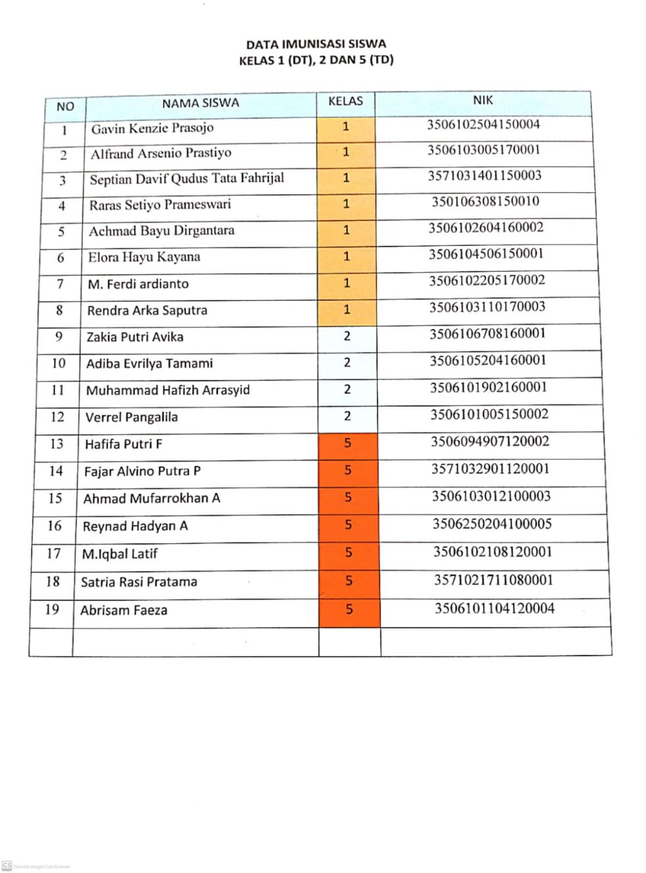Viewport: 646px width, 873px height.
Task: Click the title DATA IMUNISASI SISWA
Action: tap(316, 45)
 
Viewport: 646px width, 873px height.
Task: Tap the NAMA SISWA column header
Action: tap(201, 103)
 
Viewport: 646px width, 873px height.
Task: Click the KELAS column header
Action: tap(345, 101)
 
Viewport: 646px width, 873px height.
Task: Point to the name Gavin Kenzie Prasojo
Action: tap(152, 128)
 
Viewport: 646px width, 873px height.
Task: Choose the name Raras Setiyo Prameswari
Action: tap(160, 205)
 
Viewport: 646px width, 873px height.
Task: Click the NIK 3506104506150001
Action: tap(486, 254)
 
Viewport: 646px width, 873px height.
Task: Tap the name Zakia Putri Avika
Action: tap(135, 337)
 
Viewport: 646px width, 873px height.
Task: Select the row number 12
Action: tap(57, 416)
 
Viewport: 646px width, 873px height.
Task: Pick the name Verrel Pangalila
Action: tap(131, 417)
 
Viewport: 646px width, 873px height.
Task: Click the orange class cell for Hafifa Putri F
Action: tap(348, 443)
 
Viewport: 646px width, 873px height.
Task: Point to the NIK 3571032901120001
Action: tap(490, 469)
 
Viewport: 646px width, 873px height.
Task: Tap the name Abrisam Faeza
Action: tap(124, 611)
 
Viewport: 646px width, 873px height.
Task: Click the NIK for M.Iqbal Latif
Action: tap(492, 552)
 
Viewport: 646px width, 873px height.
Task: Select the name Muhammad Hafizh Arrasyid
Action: tap(168, 390)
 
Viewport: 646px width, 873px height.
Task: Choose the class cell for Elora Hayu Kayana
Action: tap(347, 257)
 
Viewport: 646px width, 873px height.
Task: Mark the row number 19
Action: tap(52, 609)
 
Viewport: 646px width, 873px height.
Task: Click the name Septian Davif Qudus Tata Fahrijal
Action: tap(187, 179)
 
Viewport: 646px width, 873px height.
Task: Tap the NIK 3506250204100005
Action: tap(491, 524)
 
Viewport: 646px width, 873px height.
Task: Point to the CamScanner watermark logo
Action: tap(7, 865)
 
